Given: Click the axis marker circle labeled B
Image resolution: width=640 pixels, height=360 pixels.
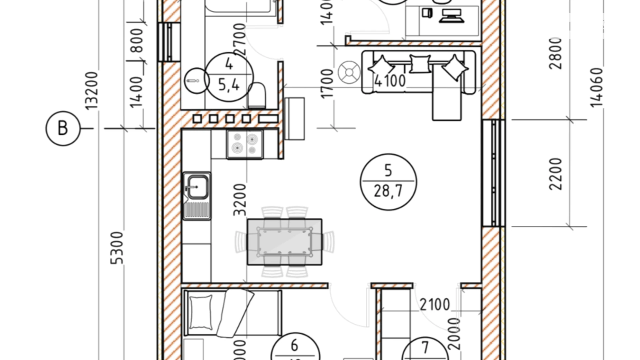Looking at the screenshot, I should click(x=63, y=128).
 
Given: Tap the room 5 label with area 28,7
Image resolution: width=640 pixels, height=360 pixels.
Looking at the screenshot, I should click(x=388, y=182).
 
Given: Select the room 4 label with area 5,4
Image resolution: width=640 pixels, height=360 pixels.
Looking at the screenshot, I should click(x=229, y=77).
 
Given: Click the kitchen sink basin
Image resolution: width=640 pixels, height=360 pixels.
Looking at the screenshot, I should click(x=197, y=187).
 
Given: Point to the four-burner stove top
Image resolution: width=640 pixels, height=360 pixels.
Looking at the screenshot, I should click(x=245, y=144).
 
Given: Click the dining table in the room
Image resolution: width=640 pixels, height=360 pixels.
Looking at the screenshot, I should click(x=285, y=242).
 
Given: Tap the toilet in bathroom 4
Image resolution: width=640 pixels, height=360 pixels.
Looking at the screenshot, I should click(x=257, y=96).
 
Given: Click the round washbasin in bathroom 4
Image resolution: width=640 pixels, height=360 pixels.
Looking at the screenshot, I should click(x=196, y=81).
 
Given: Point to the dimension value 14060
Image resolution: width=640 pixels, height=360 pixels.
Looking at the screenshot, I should click(x=597, y=87).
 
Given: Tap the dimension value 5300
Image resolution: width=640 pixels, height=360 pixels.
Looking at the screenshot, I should click(x=117, y=248).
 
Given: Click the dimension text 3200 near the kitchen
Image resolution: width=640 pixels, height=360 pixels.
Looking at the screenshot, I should click(x=240, y=200).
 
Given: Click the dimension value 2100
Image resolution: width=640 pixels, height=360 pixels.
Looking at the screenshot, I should click(x=435, y=305).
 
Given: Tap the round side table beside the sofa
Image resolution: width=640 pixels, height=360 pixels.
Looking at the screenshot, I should click(x=349, y=72).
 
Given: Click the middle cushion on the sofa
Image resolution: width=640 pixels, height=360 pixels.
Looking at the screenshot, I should click(x=420, y=64).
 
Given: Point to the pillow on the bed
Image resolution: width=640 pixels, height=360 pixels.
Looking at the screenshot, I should click(x=201, y=312).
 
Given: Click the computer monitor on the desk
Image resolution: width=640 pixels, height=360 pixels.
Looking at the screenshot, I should click(x=451, y=16).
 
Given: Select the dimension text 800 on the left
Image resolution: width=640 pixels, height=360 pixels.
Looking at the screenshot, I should click(x=137, y=40).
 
